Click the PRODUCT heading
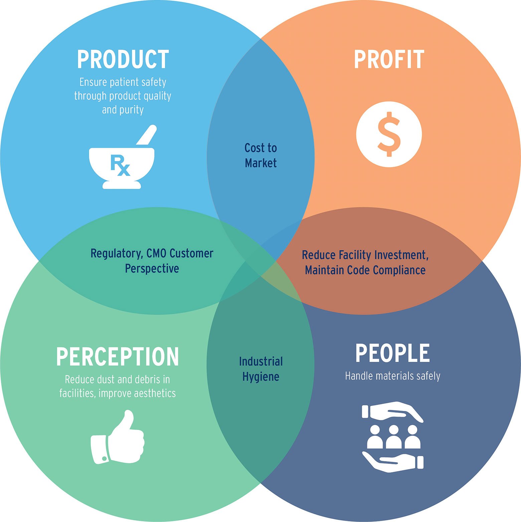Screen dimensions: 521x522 [x=123, y=59]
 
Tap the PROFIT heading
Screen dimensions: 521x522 [x=389, y=59]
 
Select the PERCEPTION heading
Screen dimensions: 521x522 [x=118, y=356]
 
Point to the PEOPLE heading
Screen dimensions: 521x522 [x=392, y=353]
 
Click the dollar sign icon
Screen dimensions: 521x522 [x=389, y=134]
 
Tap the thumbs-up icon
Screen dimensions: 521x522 [x=118, y=437]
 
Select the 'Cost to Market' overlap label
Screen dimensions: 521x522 [x=261, y=155]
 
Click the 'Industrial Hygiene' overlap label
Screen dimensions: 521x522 [x=261, y=369]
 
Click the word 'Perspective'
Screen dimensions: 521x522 [x=152, y=269]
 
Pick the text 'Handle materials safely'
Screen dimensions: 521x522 [x=392, y=376]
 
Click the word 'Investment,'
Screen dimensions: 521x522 [x=401, y=255]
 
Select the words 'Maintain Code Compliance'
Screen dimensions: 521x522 [x=365, y=270]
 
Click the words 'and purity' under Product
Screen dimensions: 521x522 [x=123, y=110]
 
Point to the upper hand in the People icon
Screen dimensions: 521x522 [x=392, y=411]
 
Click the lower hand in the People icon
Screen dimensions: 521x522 [x=393, y=462]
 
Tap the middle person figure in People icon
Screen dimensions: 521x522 [x=393, y=437]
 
